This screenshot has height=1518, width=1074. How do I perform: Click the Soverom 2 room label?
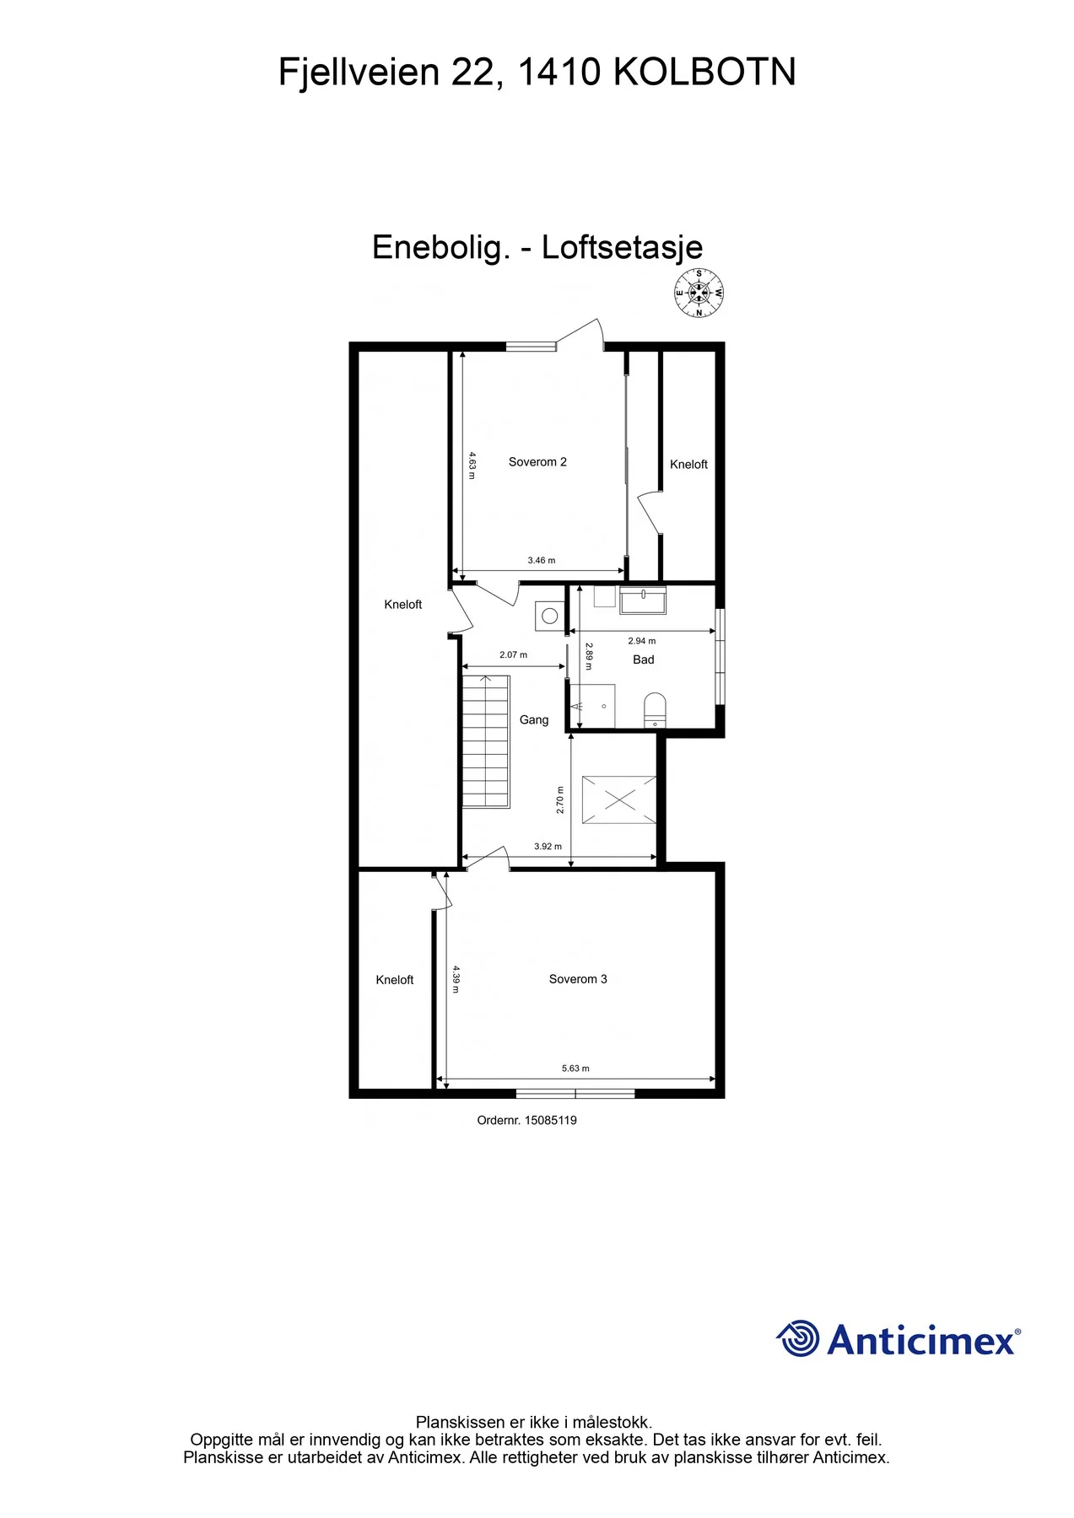point(537,461)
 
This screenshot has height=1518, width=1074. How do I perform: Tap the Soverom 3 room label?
point(578,979)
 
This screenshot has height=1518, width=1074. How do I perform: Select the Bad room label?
point(644,659)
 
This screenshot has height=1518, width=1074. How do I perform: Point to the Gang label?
point(534,719)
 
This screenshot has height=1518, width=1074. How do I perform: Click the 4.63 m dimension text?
point(472,465)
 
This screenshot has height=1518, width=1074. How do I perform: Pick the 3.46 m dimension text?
point(542,560)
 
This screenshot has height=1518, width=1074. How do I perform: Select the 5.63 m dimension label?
point(575,1069)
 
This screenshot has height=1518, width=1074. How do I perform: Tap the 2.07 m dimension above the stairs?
point(513,654)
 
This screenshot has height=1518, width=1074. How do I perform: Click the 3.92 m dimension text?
point(548,846)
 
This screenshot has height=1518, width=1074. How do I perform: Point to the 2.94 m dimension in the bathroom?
point(642,641)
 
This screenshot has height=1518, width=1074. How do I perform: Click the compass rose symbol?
point(699,293)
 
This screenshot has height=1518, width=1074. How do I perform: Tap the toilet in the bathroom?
point(655,710)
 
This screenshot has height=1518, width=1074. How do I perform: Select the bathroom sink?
point(643,600)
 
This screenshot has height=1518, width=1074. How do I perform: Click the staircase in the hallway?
point(485,741)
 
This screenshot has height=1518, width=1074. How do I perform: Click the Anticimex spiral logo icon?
point(797,1338)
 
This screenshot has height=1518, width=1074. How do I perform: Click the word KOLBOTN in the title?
point(704,73)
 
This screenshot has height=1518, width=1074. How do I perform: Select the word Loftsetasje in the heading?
point(622,247)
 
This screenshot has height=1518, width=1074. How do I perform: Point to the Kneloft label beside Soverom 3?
point(395,980)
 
